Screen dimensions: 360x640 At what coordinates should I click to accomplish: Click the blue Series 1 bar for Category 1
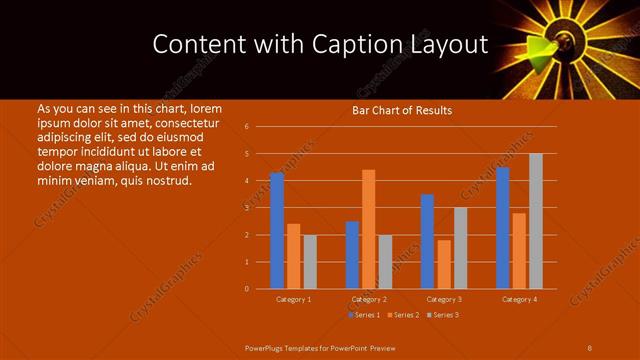[277, 231]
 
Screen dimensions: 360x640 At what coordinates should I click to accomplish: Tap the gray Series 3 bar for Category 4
[536, 221]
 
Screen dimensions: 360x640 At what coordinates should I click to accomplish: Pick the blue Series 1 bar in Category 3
[427, 241]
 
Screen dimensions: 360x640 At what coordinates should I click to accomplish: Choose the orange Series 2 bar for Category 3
[444, 264]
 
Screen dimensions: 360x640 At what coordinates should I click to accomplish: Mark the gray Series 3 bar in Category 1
[310, 262]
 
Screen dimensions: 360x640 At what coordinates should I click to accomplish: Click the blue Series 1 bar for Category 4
[502, 228]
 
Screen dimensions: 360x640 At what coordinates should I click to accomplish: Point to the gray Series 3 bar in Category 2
[385, 262]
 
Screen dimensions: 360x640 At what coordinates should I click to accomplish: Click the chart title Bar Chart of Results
[402, 110]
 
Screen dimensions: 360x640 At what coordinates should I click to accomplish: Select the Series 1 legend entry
[364, 315]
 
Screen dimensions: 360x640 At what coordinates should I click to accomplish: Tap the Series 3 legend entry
[443, 315]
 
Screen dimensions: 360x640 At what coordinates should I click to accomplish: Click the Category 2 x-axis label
[368, 299]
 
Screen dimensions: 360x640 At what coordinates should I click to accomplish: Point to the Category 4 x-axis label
[519, 299]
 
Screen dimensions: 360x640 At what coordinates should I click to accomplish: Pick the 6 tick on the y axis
[247, 127]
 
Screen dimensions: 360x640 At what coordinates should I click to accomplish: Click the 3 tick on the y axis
[247, 208]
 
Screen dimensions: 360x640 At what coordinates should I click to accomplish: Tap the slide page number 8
[589, 347]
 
